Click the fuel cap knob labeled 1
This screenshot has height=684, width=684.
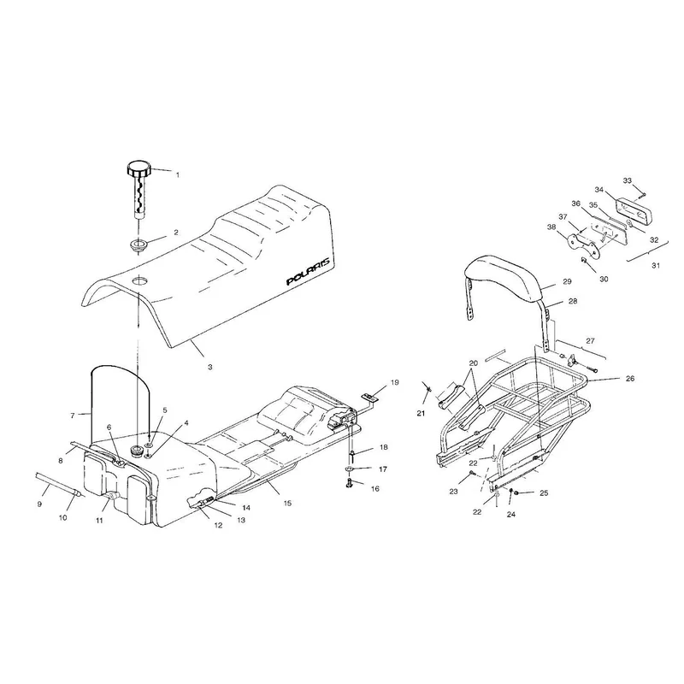(139, 168)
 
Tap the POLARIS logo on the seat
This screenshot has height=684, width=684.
(310, 272)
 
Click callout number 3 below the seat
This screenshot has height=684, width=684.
(209, 368)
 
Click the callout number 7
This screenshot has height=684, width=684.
(73, 416)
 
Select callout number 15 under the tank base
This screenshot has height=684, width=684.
(287, 503)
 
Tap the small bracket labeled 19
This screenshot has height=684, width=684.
(369, 398)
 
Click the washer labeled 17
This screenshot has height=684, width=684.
(351, 469)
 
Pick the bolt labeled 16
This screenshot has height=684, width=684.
(350, 482)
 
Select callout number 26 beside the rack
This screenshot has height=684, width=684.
(630, 379)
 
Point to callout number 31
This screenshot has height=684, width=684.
(656, 265)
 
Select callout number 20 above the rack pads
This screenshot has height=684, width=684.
(474, 363)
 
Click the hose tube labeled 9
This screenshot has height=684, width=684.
(56, 483)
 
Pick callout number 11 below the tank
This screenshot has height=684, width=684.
(100, 521)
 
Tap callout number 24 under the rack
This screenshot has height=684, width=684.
(510, 515)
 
